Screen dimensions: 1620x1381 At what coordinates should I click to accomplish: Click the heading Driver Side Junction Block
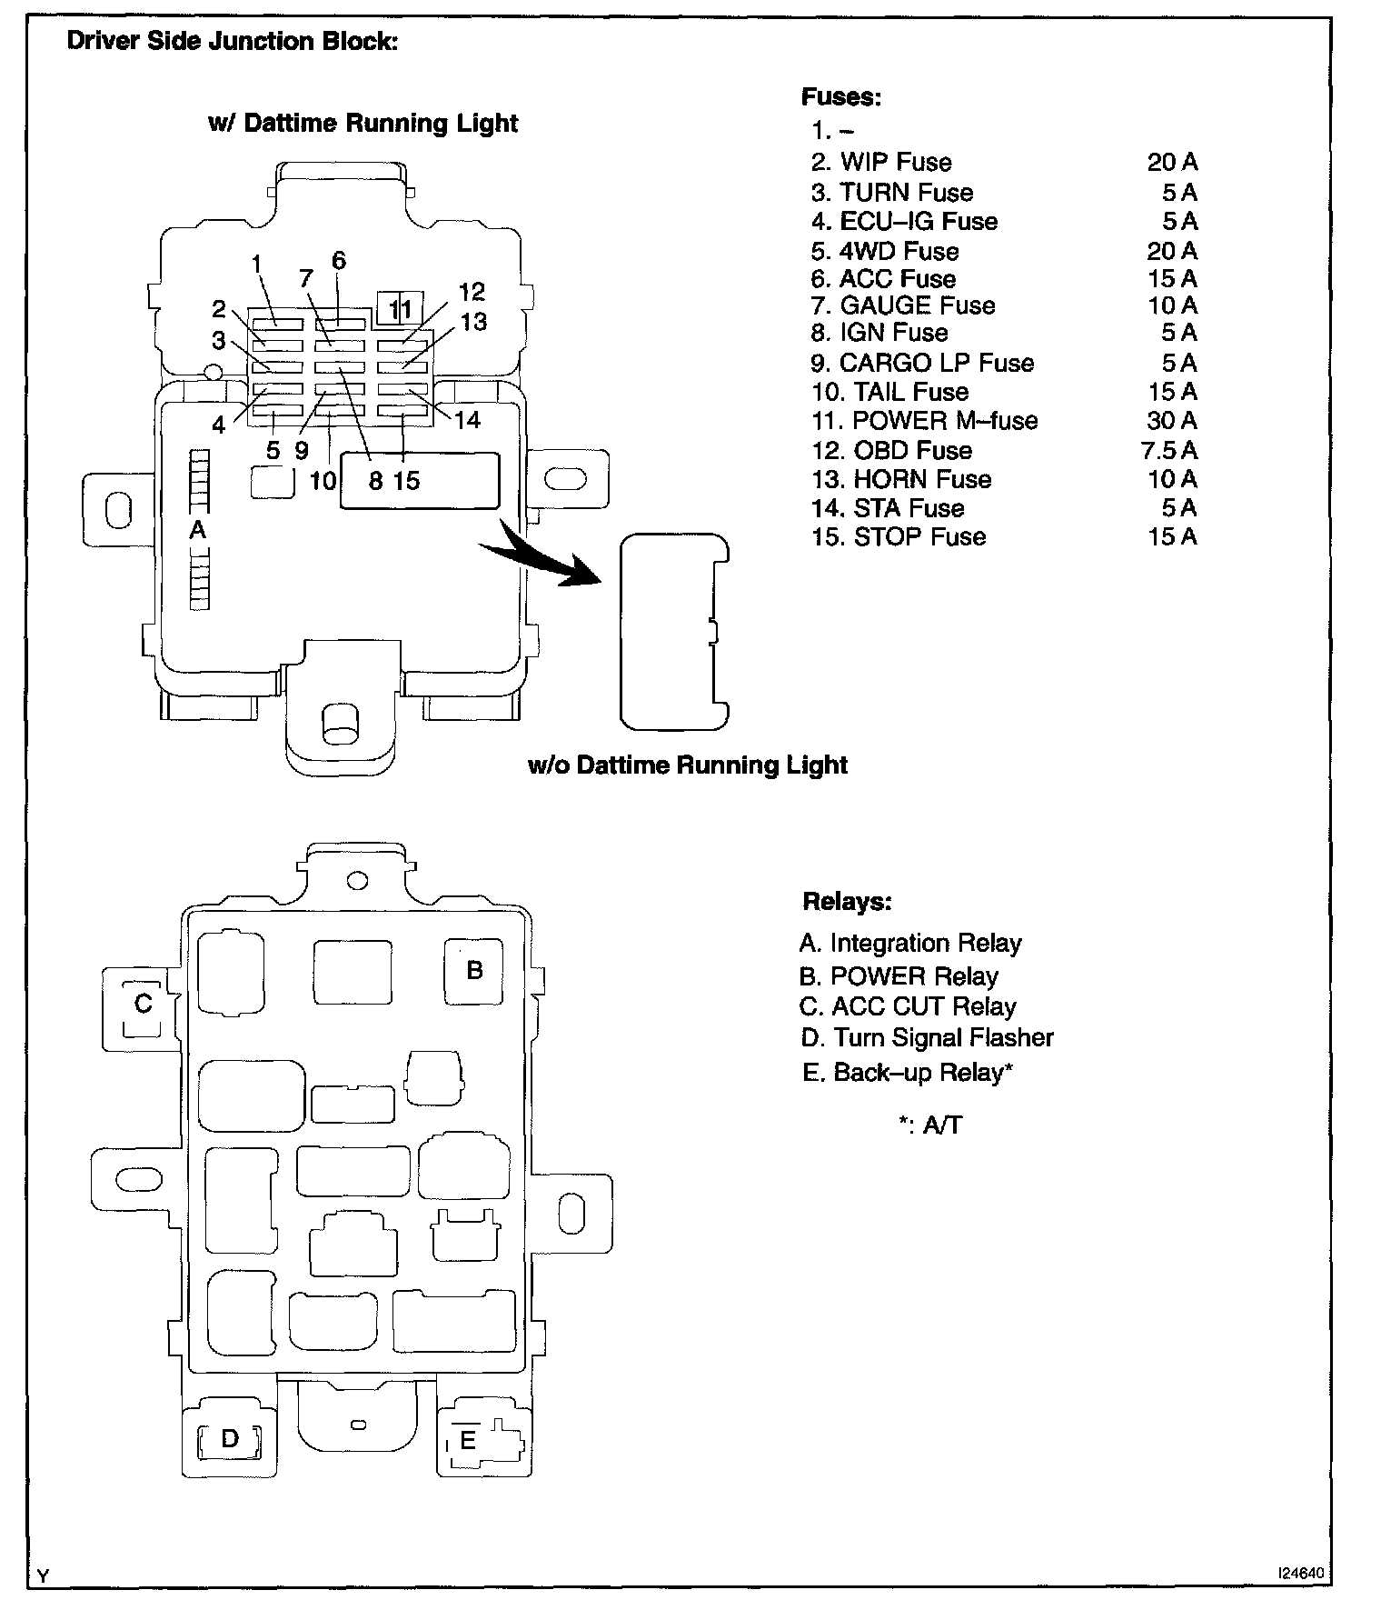coord(233,43)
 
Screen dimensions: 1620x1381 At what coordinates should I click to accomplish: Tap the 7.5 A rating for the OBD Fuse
coord(1170,450)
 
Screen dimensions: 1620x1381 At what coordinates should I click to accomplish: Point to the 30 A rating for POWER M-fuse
coord(1172,421)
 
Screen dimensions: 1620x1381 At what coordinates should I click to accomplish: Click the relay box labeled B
coord(473,971)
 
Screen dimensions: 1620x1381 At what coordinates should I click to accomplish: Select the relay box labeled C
coord(143,1004)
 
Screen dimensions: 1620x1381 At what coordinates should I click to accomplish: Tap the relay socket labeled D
coord(230,1438)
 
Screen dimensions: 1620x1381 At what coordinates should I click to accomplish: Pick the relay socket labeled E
coord(469,1440)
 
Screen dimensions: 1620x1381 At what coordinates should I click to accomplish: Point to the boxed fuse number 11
coord(400,309)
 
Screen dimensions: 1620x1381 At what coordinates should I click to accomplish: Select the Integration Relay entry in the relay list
coord(910,944)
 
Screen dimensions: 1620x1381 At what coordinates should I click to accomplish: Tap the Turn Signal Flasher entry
coord(928,1038)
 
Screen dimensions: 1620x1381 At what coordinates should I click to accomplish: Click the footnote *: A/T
coord(929,1125)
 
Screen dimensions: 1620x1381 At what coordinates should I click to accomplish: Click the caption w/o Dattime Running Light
coord(688,765)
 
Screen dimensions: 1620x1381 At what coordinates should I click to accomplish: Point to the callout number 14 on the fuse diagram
coord(467,420)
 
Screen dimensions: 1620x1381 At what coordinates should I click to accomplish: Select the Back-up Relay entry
coord(907,1073)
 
